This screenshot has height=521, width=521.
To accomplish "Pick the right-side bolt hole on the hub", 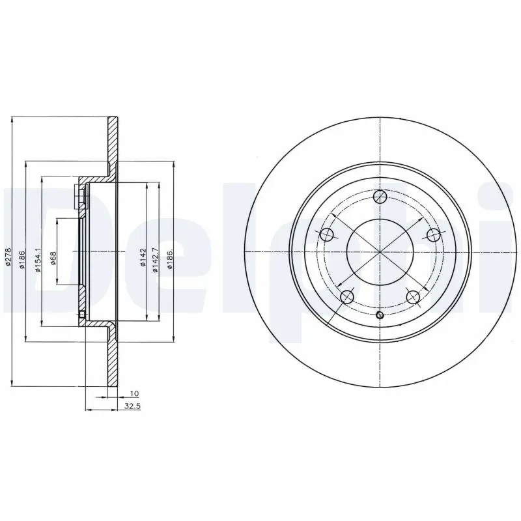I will pos(432,235).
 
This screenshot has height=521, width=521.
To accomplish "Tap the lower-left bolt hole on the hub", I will pos(348,296).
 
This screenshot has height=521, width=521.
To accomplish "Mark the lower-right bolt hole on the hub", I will pos(411,297).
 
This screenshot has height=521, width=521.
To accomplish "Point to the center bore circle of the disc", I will pos(379,251).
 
